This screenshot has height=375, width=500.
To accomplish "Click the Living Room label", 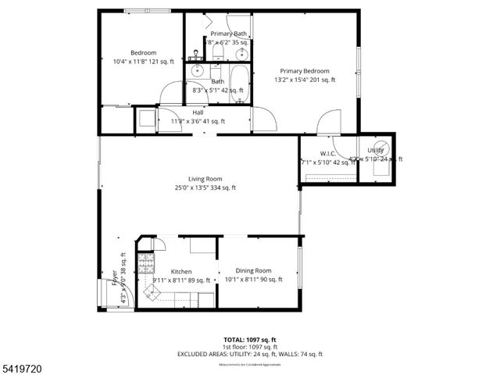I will coord(205,179).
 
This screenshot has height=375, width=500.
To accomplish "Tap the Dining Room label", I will coord(253,270).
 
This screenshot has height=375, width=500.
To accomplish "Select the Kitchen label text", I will coord(170,272).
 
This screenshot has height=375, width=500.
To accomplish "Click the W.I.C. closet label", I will coord(327,153).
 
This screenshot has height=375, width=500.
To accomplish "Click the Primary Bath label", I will coord(229,34).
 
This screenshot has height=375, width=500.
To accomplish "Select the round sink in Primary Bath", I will coord(242,53).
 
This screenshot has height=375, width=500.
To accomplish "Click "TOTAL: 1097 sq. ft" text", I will coord(249,340).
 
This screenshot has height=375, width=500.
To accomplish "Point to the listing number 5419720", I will coord(23,365).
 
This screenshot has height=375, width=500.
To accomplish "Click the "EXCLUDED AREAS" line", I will coord(250,355).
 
